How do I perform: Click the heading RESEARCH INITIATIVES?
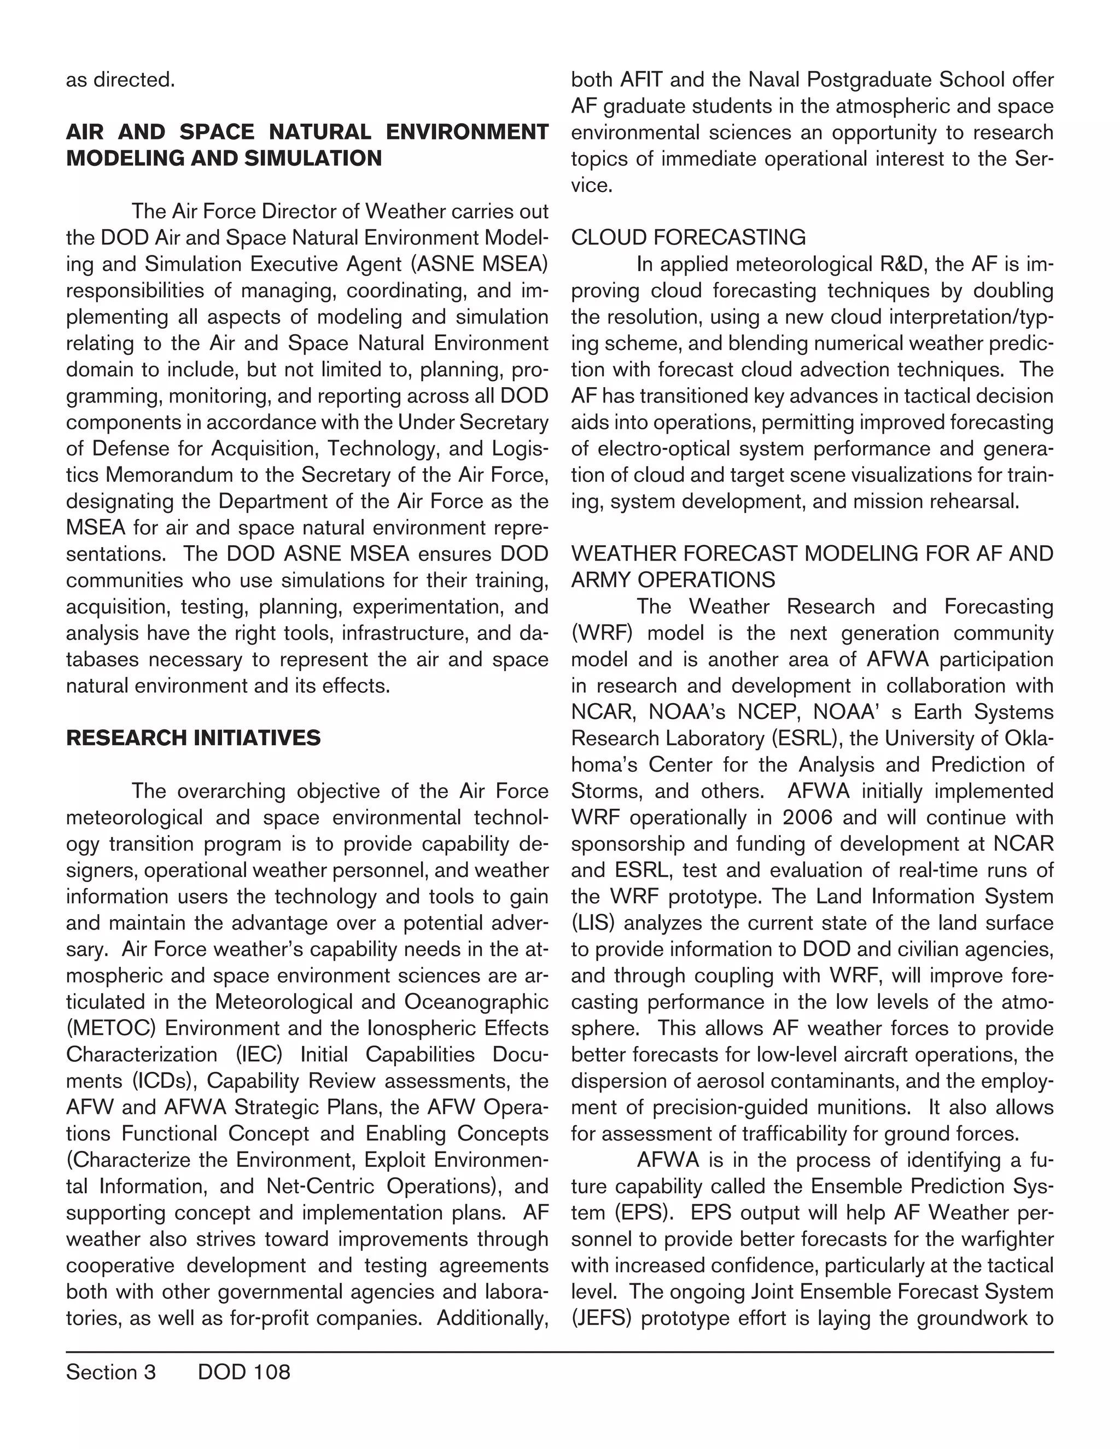click(193, 738)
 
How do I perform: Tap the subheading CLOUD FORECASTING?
click(688, 237)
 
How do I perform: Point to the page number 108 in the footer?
click(271, 1372)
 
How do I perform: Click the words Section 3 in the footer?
click(111, 1372)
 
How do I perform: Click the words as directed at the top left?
click(120, 80)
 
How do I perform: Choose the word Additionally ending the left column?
click(492, 1318)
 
